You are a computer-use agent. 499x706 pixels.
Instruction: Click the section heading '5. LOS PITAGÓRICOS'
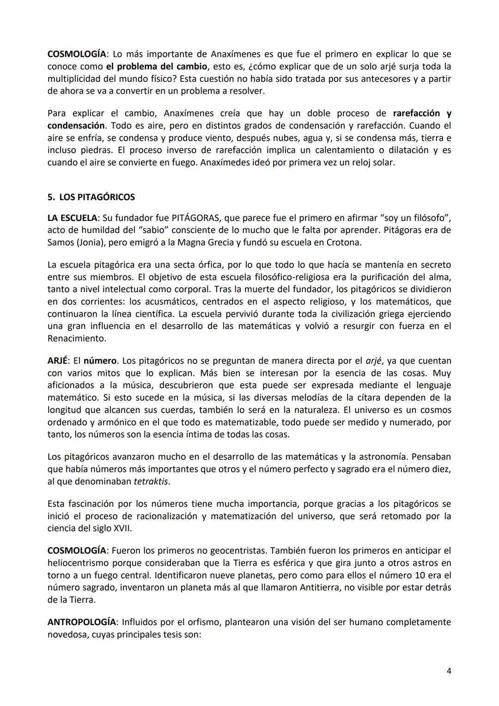point(91,197)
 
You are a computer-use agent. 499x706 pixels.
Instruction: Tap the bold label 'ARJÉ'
point(57,361)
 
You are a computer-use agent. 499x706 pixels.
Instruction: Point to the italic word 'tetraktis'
point(151,481)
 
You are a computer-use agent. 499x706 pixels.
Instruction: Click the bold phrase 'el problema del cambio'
point(156,67)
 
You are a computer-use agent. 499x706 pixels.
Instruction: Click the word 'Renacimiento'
point(76,338)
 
